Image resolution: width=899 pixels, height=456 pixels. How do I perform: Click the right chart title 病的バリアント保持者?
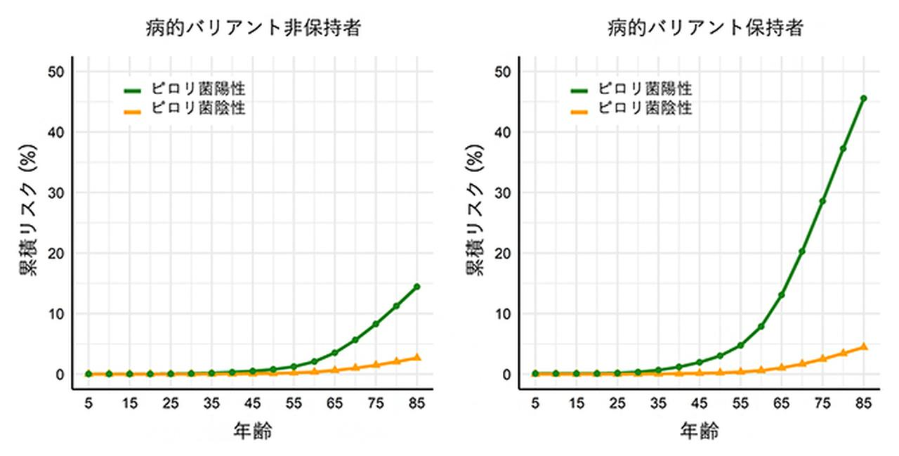[706, 28]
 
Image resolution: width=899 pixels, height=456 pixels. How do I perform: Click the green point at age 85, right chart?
[864, 98]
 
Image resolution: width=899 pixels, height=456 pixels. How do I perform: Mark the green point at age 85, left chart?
[416, 287]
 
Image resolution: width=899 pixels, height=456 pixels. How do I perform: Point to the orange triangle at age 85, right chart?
[864, 346]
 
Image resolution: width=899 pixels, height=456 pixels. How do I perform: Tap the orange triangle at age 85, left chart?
[416, 358]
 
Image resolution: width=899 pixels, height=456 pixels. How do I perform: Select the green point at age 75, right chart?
[822, 201]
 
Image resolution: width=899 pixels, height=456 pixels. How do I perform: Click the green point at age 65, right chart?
[781, 295]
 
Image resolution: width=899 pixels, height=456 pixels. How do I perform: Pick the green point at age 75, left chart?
[376, 324]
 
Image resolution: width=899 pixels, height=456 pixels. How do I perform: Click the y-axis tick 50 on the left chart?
[56, 72]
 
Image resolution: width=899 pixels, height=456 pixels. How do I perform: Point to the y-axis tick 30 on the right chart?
[504, 193]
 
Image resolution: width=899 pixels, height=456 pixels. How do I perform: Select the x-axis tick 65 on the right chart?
[781, 403]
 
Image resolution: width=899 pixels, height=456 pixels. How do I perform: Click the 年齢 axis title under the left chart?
[252, 431]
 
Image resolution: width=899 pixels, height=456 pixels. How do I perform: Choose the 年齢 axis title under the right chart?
[700, 431]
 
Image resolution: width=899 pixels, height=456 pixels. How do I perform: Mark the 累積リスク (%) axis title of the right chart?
[475, 223]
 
